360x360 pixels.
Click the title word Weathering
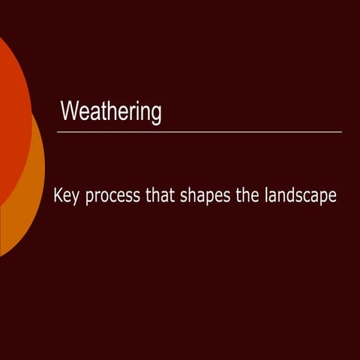[x=111, y=112]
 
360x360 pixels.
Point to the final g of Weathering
[x=156, y=115]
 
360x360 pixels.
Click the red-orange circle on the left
[x=11, y=112]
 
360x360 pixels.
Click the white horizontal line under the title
[x=199, y=132]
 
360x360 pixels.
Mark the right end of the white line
[x=340, y=132]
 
